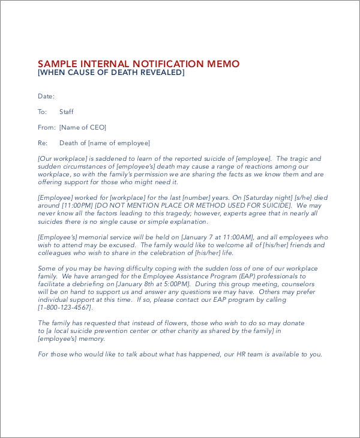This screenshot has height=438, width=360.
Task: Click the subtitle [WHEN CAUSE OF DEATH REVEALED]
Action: pyautogui.click(x=111, y=73)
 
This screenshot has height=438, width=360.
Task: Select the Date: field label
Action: pyautogui.click(x=46, y=96)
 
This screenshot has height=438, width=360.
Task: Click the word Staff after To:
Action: pyautogui.click(x=67, y=112)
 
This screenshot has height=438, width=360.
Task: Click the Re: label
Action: pyautogui.click(x=43, y=143)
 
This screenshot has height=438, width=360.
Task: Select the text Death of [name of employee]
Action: pyautogui.click(x=104, y=143)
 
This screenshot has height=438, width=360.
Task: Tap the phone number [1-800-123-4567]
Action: pyautogui.click(x=65, y=307)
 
